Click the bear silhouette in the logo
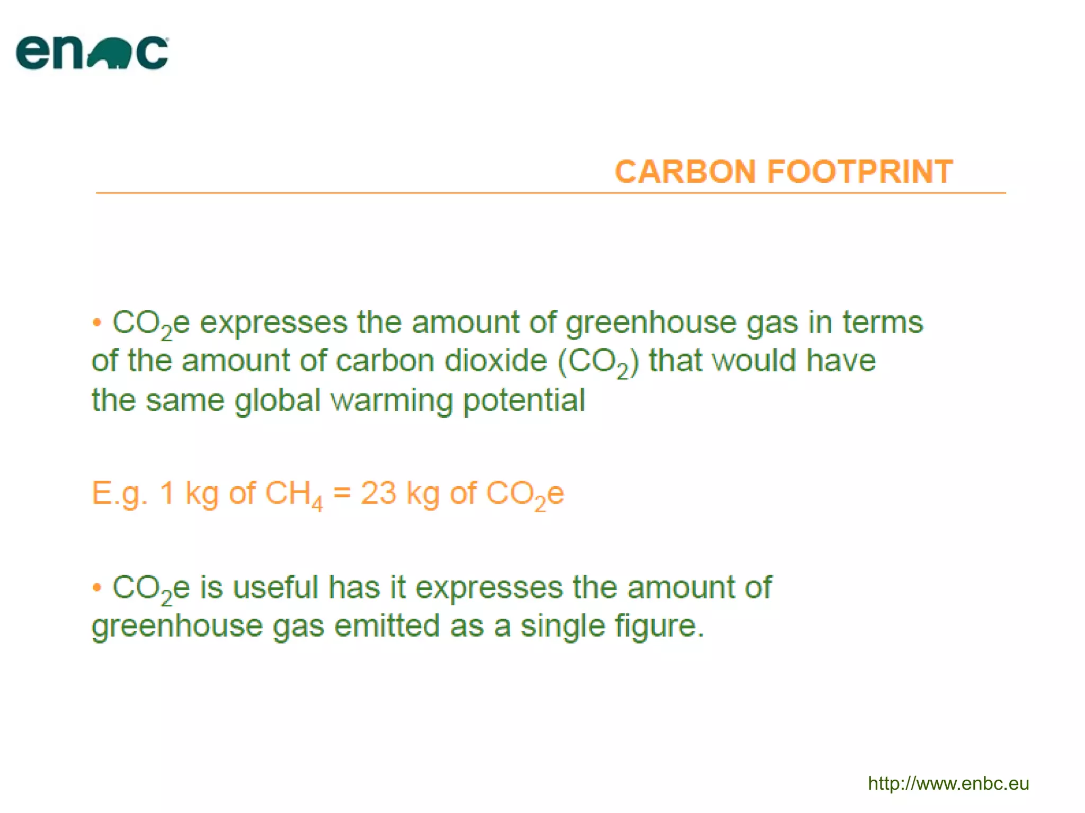pyautogui.click(x=108, y=55)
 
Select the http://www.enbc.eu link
pyautogui.click(x=948, y=783)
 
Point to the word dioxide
pyautogui.click(x=495, y=361)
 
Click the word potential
pyautogui.click(x=524, y=400)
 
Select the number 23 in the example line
pyautogui.click(x=378, y=493)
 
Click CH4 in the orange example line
pyautogui.click(x=293, y=495)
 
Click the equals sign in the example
pyautogui.click(x=342, y=493)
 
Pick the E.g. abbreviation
pyautogui.click(x=119, y=494)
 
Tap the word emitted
pyautogui.click(x=387, y=626)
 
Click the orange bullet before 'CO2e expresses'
pyautogui.click(x=96, y=323)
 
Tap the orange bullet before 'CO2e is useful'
pyautogui.click(x=96, y=587)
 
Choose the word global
pyautogui.click(x=278, y=401)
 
